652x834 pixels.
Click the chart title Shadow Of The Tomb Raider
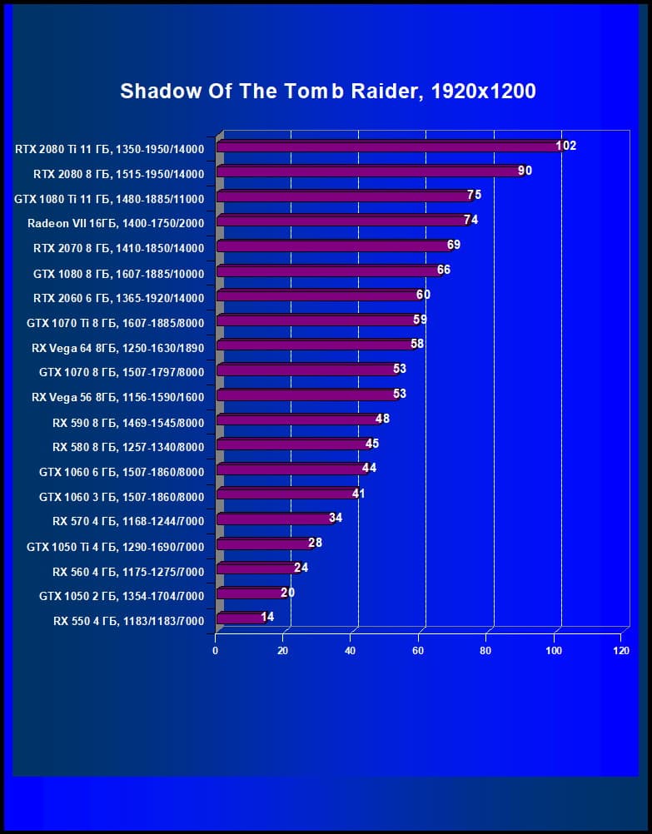pos(327,91)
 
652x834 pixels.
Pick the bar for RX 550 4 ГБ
pos(240,618)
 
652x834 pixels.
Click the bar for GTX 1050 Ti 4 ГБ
pos(263,544)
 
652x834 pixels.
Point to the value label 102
pos(565,146)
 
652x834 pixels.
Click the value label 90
pos(525,171)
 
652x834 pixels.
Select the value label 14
pos(267,618)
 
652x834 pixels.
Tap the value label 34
pos(336,518)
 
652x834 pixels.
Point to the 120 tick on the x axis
pos(620,650)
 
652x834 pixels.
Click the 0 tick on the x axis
pos(216,650)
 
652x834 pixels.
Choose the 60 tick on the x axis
pos(418,650)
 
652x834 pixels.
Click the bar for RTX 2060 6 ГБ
pos(317,295)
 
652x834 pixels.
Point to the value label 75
pos(474,195)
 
